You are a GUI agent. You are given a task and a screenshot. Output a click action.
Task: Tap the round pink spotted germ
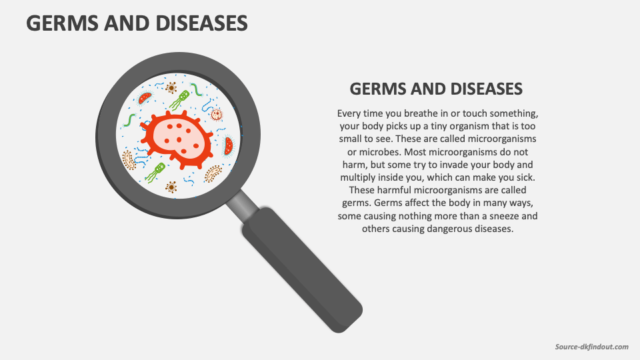tap(217, 114)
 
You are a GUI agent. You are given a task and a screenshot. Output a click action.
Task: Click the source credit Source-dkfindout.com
tap(591, 347)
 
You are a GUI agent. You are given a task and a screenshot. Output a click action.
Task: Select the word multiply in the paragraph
tap(359, 178)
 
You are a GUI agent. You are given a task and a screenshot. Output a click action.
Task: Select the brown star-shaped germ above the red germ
tap(171, 88)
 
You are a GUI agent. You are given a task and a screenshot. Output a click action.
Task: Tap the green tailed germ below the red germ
tap(156, 171)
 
